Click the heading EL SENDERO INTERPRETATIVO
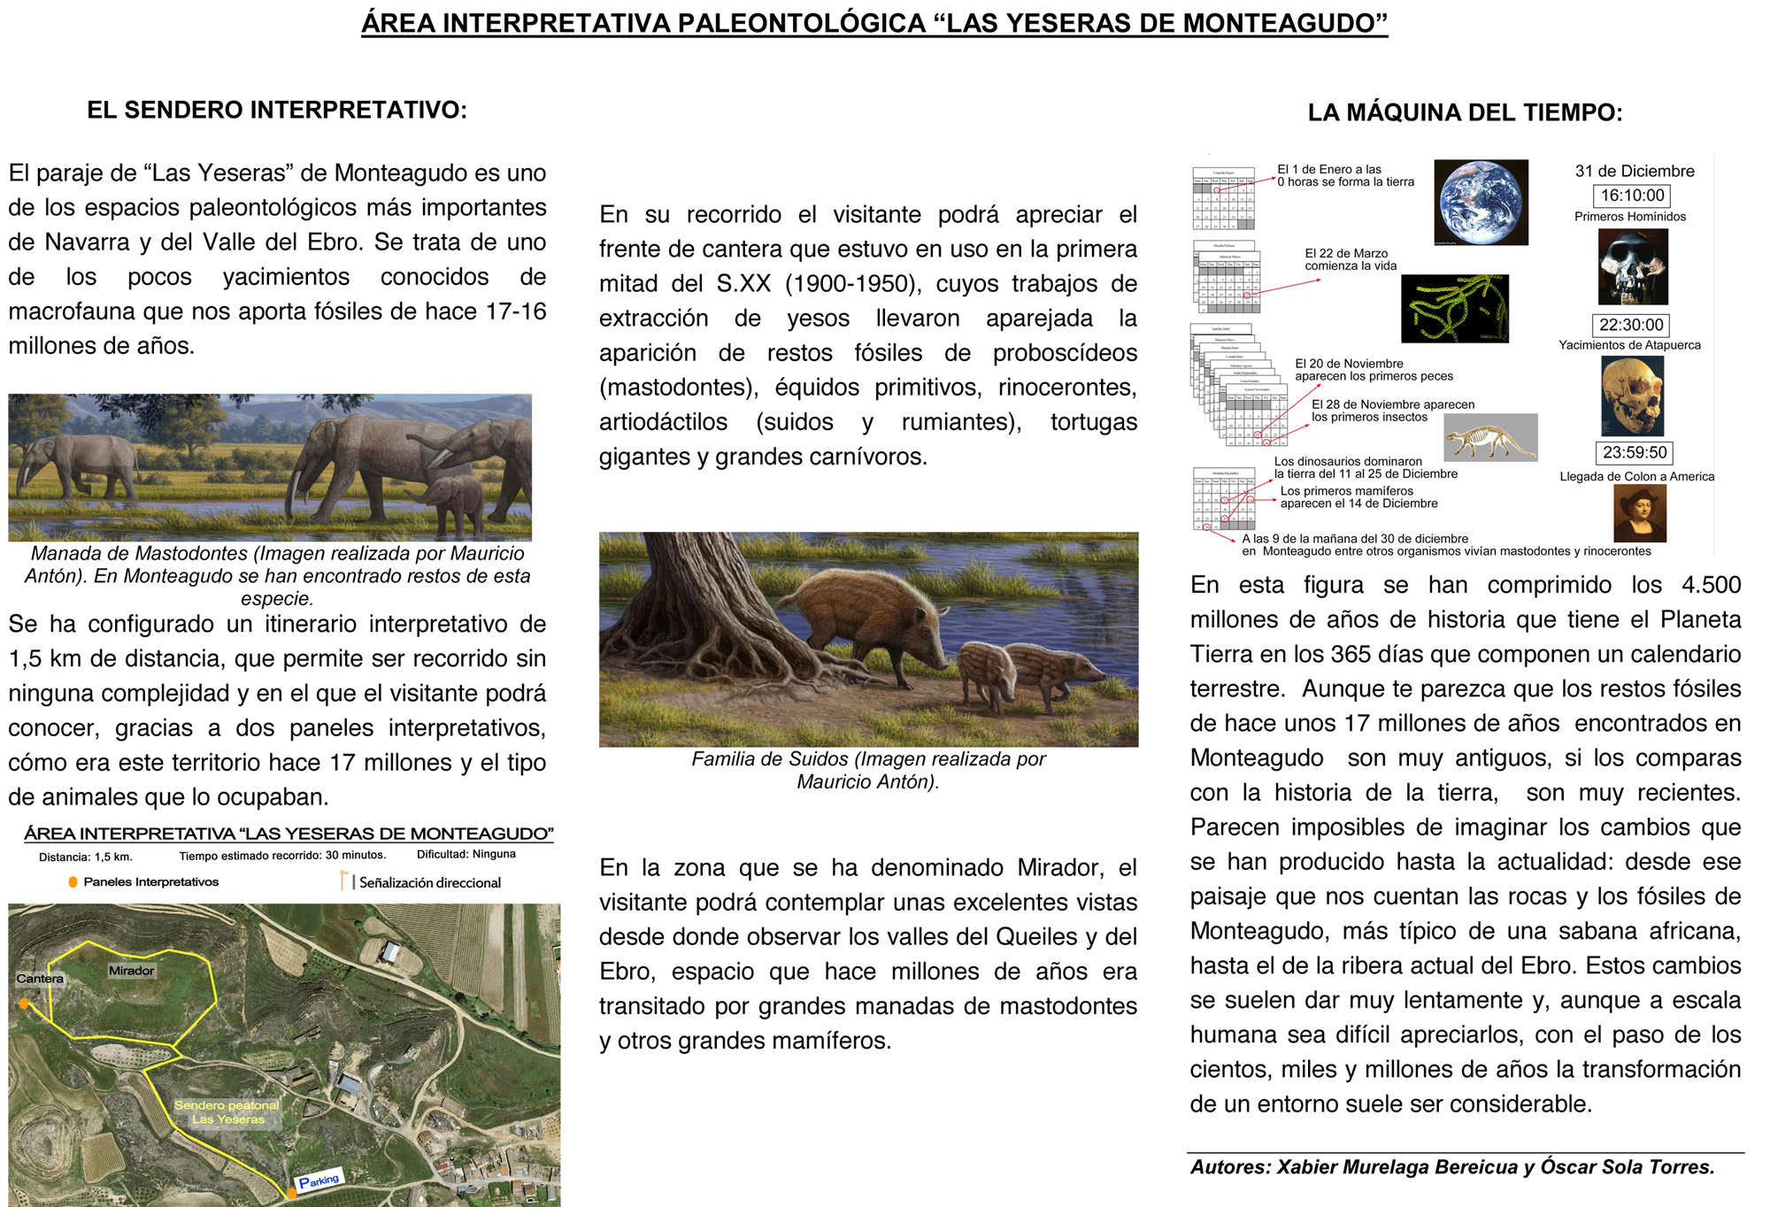pyautogui.click(x=276, y=111)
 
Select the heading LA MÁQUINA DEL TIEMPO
pyautogui.click(x=1465, y=113)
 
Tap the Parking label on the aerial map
pyautogui.click(x=319, y=1181)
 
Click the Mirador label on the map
pyautogui.click(x=131, y=971)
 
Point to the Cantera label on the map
pyautogui.click(x=40, y=979)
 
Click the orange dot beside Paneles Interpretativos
pyautogui.click(x=73, y=882)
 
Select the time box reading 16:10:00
pyautogui.click(x=1632, y=196)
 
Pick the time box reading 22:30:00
pyautogui.click(x=1631, y=325)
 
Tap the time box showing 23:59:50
pyautogui.click(x=1634, y=452)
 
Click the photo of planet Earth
pyautogui.click(x=1481, y=203)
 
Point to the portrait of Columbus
pyautogui.click(x=1639, y=514)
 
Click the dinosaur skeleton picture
pyautogui.click(x=1490, y=438)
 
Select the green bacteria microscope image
pyautogui.click(x=1454, y=309)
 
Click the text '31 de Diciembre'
pyautogui.click(x=1635, y=172)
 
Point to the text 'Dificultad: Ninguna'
pyautogui.click(x=466, y=855)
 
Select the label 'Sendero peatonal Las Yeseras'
pyautogui.click(x=227, y=1112)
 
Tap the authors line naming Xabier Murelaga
pyautogui.click(x=1452, y=1167)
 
